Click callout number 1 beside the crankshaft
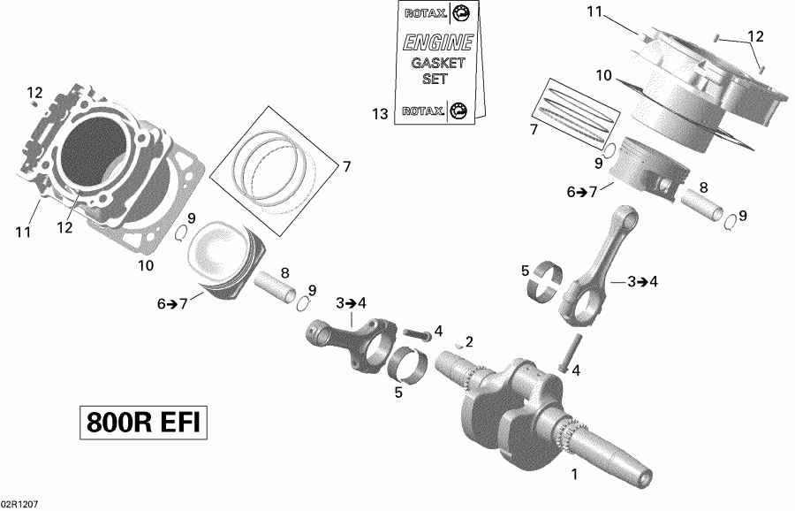(x=575, y=474)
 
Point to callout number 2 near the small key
(x=469, y=341)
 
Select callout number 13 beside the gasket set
(x=380, y=113)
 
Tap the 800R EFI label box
(x=142, y=423)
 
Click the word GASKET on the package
(x=429, y=63)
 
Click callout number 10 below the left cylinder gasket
(x=145, y=264)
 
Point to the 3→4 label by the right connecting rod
(x=642, y=282)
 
